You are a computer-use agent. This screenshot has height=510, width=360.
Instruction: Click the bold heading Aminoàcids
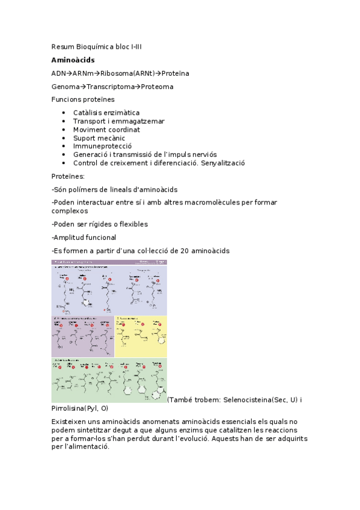coord(73,60)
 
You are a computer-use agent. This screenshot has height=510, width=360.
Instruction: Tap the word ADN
coord(59,73)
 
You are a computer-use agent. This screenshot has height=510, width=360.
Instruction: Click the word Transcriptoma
coord(110,87)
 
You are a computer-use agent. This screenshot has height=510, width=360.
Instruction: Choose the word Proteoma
coord(157,87)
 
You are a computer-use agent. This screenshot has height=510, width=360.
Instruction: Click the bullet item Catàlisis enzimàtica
coord(106,112)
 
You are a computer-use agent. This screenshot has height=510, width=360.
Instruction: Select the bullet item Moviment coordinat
coord(106,129)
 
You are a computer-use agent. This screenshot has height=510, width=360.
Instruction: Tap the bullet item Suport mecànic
coord(99,138)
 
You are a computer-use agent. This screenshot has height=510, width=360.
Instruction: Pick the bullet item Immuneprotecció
coord(103,146)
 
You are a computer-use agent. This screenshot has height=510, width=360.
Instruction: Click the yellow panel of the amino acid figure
coord(141,336)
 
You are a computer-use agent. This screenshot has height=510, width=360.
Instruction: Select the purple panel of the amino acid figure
coord(82,337)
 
